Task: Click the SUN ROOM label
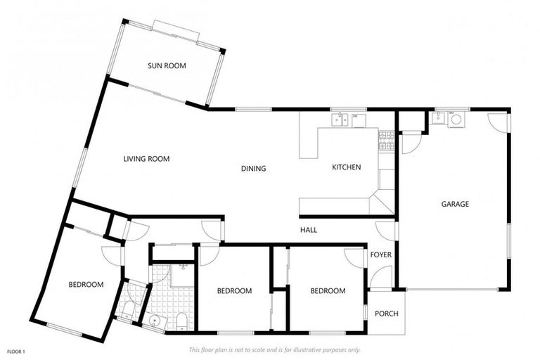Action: tap(167, 66)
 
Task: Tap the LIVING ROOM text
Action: tap(146, 159)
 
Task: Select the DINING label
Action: tap(253, 168)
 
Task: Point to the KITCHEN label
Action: tap(346, 167)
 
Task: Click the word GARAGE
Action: tap(455, 204)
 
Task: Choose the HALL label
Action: tap(309, 230)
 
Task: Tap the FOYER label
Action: tap(380, 255)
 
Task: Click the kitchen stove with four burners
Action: tap(386, 142)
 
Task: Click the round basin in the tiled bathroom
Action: tap(155, 321)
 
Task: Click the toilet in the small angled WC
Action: tap(127, 310)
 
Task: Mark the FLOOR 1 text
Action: tap(16, 350)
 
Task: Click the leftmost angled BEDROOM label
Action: tap(86, 285)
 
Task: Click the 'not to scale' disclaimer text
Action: tap(274, 349)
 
